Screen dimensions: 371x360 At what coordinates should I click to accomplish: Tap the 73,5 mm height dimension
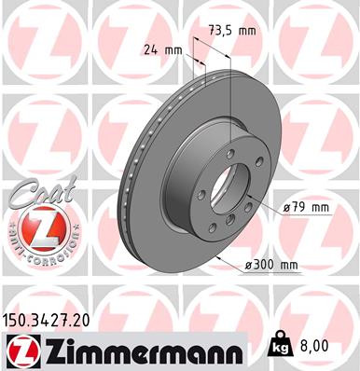[x=233, y=30]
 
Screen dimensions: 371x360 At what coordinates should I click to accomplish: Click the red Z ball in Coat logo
[x=35, y=229]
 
